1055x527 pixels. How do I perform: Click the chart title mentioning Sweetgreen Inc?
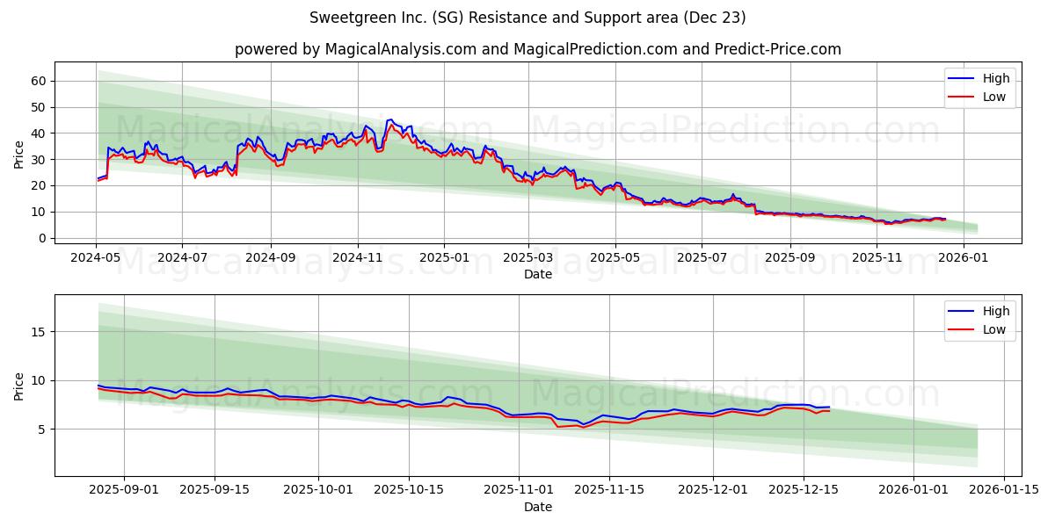click(x=527, y=18)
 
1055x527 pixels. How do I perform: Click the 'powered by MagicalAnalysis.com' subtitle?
click(x=537, y=49)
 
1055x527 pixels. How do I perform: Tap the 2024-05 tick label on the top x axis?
click(x=96, y=258)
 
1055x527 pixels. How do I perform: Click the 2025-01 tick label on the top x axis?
click(x=444, y=258)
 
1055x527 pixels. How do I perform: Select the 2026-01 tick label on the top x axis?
click(x=964, y=258)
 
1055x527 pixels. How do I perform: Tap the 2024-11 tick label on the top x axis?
click(x=358, y=258)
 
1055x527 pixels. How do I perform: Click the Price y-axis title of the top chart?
click(x=19, y=154)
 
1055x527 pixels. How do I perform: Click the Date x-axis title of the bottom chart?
click(x=537, y=507)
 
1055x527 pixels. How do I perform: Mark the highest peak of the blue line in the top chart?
click(x=390, y=119)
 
